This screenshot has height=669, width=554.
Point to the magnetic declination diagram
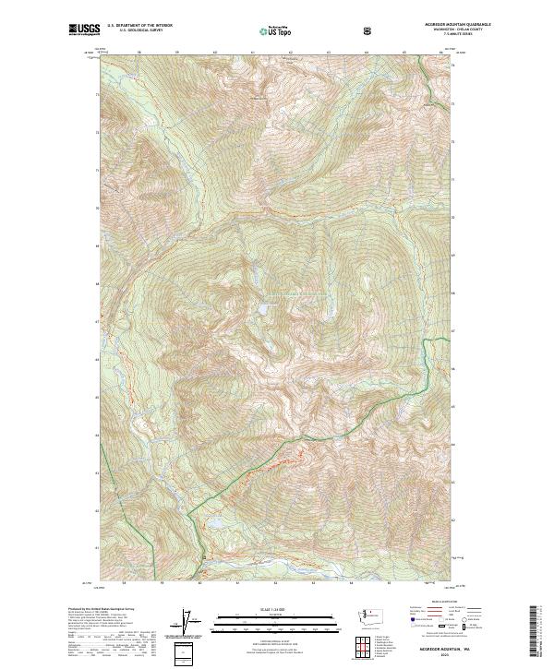coord(193,624)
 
